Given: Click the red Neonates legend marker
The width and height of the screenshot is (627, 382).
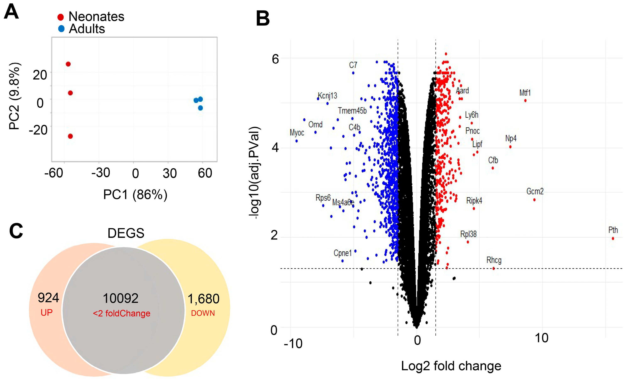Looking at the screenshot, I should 61,17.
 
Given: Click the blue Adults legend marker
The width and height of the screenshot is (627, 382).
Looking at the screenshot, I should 61,28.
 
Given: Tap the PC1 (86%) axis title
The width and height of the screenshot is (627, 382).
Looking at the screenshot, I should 135,195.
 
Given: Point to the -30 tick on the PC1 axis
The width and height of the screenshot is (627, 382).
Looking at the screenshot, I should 101,173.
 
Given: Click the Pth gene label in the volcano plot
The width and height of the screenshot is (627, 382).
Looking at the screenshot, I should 613,230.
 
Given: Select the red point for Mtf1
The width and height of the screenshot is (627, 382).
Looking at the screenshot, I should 525,101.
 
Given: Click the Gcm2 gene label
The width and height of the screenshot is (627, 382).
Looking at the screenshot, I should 535,191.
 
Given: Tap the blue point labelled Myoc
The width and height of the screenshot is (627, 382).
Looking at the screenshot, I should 296,141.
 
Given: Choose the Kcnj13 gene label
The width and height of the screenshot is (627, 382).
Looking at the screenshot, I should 327,96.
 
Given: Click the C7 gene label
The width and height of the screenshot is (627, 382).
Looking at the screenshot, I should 353,65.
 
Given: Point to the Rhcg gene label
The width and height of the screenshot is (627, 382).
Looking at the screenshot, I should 494,260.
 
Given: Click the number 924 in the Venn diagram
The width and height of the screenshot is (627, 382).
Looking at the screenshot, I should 48,298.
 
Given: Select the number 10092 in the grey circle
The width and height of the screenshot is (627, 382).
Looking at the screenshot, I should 120,298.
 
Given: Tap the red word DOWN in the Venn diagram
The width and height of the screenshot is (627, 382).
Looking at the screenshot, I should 203,313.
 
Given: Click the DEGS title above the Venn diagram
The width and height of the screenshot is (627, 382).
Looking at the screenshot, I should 126,233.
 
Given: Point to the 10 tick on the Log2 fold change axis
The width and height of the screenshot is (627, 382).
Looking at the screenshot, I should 541,338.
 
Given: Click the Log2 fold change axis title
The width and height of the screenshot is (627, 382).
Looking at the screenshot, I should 451,366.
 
